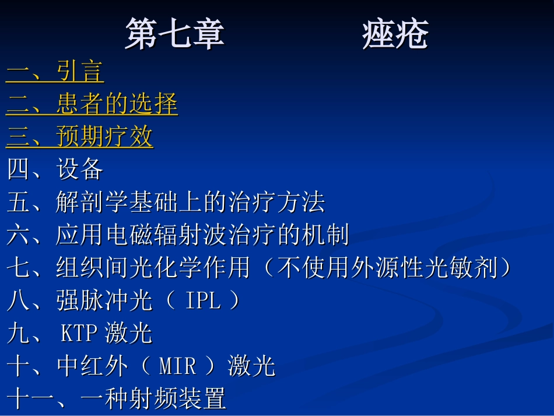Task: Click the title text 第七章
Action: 174,34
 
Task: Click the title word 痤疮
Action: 395,34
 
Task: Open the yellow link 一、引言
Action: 55,72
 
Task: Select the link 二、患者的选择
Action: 92,104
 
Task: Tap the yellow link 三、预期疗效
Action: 79,137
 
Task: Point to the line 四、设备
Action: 55,170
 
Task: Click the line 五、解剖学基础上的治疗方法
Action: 166,202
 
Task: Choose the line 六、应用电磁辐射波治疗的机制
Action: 178,235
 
